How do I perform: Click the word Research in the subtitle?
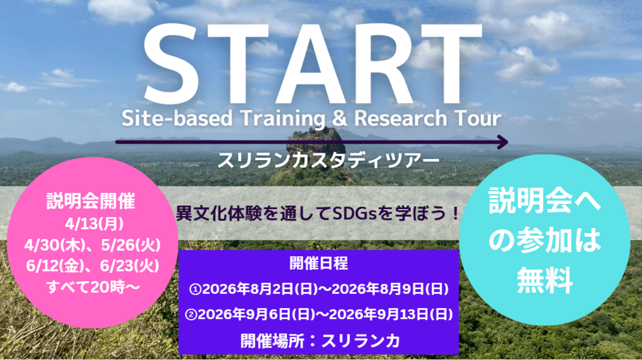point(400,118)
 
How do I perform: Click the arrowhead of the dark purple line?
point(503,142)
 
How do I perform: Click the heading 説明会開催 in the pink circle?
point(90,201)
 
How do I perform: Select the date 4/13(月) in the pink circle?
point(94,224)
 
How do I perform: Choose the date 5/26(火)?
point(131,245)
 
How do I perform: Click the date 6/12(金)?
point(55,266)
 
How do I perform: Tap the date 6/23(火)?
point(130,266)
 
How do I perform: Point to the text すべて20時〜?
point(94,287)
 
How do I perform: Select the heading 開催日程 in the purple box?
point(319,263)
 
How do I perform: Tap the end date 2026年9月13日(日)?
point(391,314)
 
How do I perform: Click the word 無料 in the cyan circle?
point(544,280)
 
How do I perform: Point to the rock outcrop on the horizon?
point(315,142)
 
